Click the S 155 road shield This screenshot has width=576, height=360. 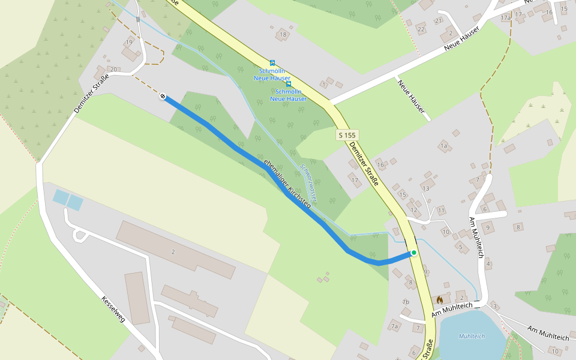[347, 136]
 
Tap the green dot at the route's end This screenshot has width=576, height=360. [414, 253]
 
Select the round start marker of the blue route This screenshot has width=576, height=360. [163, 96]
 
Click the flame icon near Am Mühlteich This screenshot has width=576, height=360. [439, 299]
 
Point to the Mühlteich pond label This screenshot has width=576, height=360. [472, 336]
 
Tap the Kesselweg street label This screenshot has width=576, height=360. [113, 309]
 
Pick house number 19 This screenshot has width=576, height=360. [128, 43]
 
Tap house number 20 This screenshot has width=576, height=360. [113, 70]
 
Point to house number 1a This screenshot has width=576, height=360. [444, 146]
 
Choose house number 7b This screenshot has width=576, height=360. [406, 302]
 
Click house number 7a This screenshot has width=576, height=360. [394, 326]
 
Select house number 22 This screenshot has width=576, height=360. [421, 29]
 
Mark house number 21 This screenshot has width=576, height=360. [439, 20]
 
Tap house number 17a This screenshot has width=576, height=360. [505, 18]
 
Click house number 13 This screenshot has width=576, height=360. [426, 188]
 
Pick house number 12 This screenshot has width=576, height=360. [414, 209]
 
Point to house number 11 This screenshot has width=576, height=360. [441, 210]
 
